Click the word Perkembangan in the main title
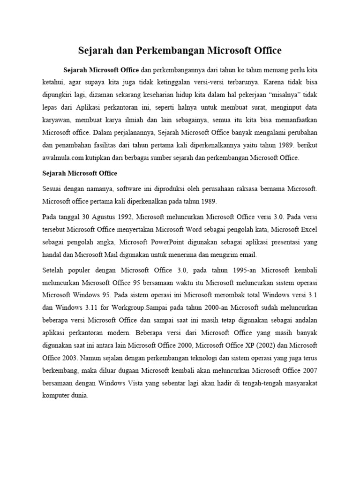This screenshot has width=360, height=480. point(161,50)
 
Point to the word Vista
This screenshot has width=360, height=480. point(137,370)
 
